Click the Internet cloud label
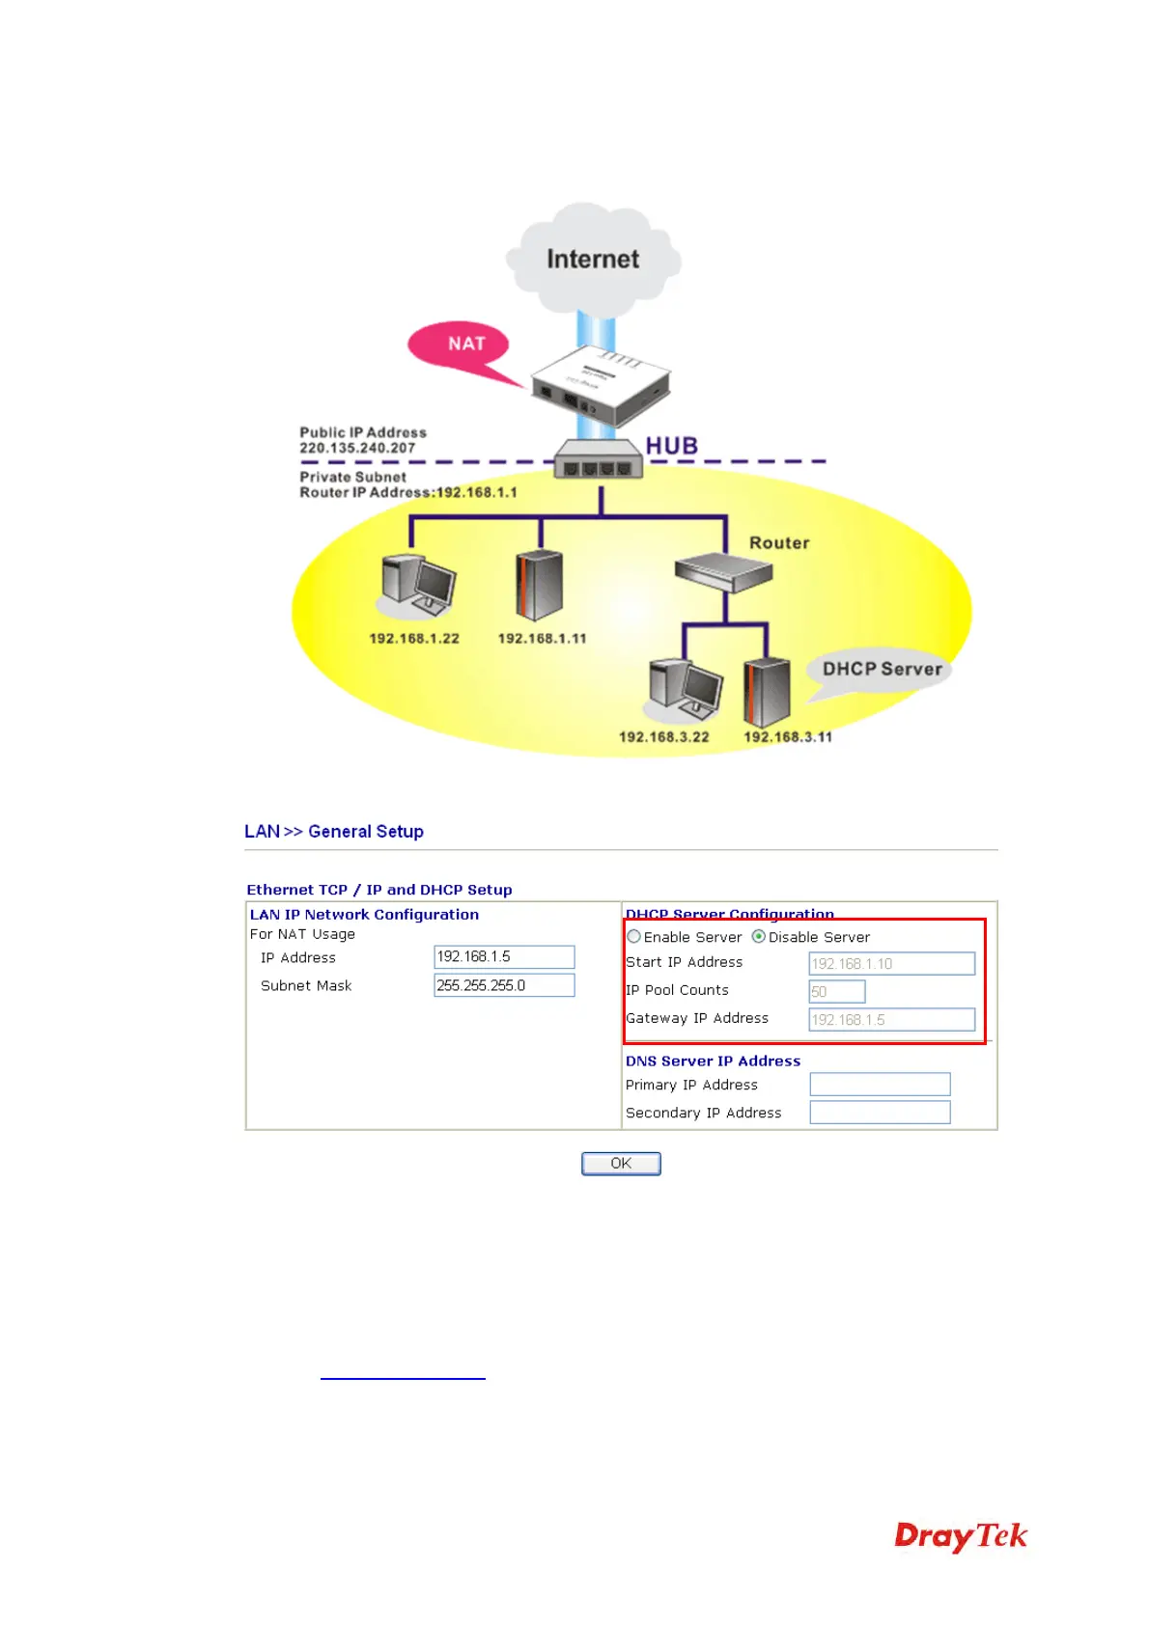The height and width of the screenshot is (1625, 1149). [593, 259]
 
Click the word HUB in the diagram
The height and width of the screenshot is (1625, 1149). [672, 446]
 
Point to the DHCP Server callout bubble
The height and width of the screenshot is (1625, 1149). [882, 669]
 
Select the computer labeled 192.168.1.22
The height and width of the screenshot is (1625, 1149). [417, 586]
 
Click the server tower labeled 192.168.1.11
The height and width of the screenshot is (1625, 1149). [539, 585]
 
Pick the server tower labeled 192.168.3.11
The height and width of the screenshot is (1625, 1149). [768, 692]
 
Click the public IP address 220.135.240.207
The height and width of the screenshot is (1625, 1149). [357, 448]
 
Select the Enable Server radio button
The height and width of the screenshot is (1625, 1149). [634, 936]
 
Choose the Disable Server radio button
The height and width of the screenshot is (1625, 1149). [759, 936]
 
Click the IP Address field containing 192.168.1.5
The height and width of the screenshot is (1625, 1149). [504, 956]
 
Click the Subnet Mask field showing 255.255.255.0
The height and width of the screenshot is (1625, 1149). [504, 985]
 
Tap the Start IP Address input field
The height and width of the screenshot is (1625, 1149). [891, 963]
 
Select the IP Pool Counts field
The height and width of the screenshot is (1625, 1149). [836, 991]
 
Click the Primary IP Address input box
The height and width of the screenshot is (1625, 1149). [880, 1085]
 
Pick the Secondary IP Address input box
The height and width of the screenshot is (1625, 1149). [880, 1113]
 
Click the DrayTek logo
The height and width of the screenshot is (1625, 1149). [961, 1535]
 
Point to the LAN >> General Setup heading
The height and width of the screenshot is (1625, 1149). [334, 831]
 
